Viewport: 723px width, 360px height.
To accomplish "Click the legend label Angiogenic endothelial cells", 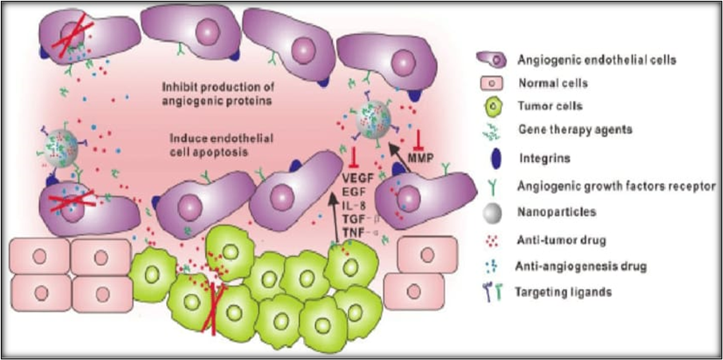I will pos(597,59).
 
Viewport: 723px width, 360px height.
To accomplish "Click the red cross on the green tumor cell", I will pos(213,303).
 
